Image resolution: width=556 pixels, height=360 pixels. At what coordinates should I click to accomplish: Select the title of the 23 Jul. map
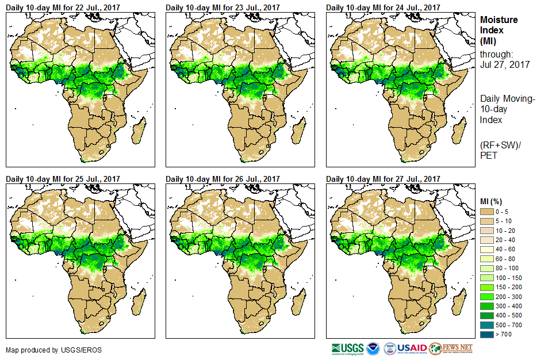[223, 7]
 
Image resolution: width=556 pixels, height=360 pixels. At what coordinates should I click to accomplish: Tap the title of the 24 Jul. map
[383, 7]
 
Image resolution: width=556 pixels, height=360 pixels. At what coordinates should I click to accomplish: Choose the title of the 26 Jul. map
[223, 179]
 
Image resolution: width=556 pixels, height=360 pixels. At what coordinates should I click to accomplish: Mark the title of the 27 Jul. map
[383, 179]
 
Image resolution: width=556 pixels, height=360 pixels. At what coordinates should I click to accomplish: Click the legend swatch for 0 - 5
[487, 212]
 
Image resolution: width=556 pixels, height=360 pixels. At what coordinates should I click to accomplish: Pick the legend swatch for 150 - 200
[487, 286]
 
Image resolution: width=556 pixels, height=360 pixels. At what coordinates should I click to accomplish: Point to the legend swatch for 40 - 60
[487, 249]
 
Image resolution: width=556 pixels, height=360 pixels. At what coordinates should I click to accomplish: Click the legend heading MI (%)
[493, 201]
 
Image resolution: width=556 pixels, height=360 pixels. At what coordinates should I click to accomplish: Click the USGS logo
[347, 348]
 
